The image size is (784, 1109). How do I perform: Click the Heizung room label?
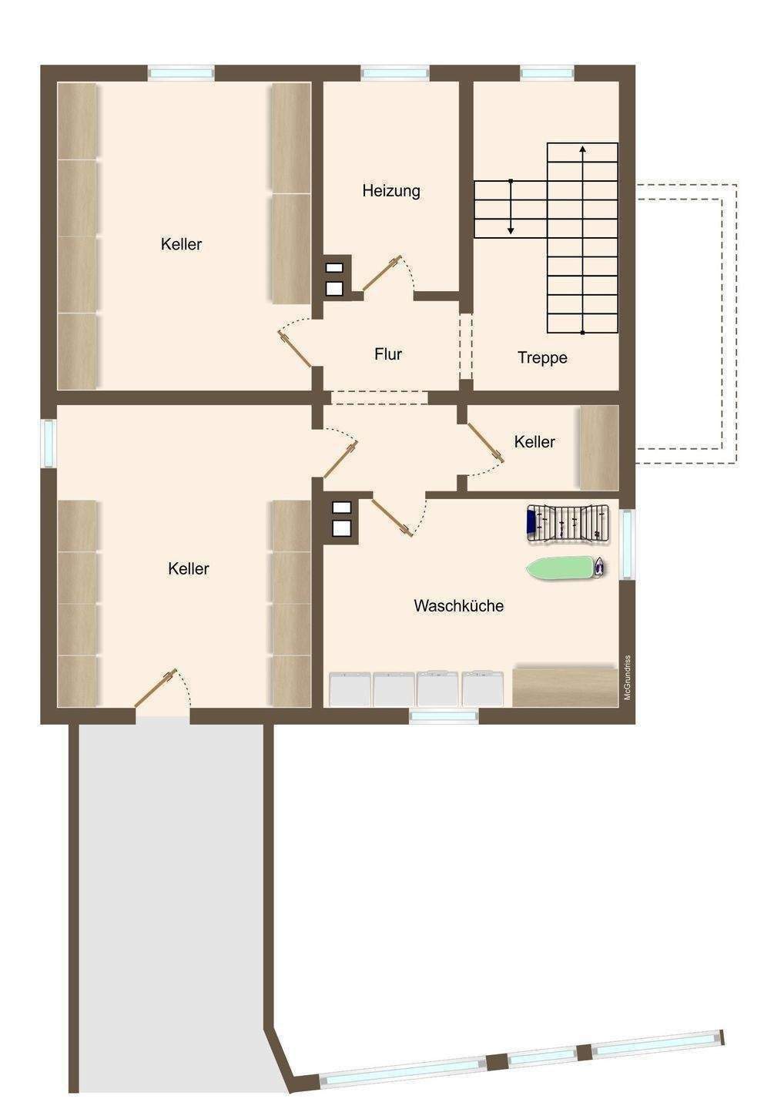tap(391, 191)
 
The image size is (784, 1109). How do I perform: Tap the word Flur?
tap(388, 354)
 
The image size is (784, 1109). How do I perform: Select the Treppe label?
tap(542, 357)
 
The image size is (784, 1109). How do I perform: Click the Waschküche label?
tap(459, 605)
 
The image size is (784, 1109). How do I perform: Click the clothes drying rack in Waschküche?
tap(568, 524)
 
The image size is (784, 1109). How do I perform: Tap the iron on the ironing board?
tap(599, 566)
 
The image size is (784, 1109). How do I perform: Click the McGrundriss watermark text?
tap(627, 678)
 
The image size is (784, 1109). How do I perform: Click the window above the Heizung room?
tap(395, 73)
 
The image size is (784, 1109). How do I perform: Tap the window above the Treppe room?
tap(547, 73)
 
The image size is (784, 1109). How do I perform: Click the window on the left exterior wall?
tap(49, 443)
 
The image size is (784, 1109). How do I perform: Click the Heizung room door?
tap(382, 274)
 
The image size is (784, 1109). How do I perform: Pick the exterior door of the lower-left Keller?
tap(156, 688)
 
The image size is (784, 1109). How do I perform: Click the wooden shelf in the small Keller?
tap(599, 448)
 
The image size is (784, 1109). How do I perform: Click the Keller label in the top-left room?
tap(181, 244)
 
